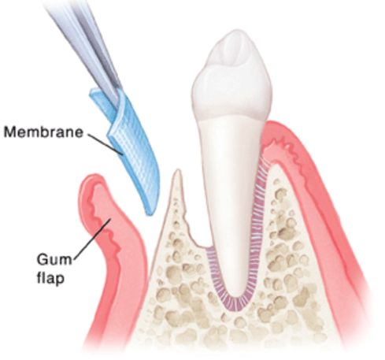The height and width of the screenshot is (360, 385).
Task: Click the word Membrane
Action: (x=43, y=132)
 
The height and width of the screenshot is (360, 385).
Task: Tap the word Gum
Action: (x=54, y=259)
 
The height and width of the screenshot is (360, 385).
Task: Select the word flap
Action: (x=50, y=277)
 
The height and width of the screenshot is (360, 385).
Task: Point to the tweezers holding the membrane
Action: (x=87, y=45)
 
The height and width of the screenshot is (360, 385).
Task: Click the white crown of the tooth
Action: (x=231, y=76)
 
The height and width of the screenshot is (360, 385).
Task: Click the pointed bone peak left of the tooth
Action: (x=178, y=173)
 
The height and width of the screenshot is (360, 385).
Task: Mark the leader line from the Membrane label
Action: (x=105, y=145)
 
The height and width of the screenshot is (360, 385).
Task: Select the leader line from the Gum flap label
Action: (x=92, y=239)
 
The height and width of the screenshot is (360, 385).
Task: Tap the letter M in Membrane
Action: (x=10, y=132)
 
